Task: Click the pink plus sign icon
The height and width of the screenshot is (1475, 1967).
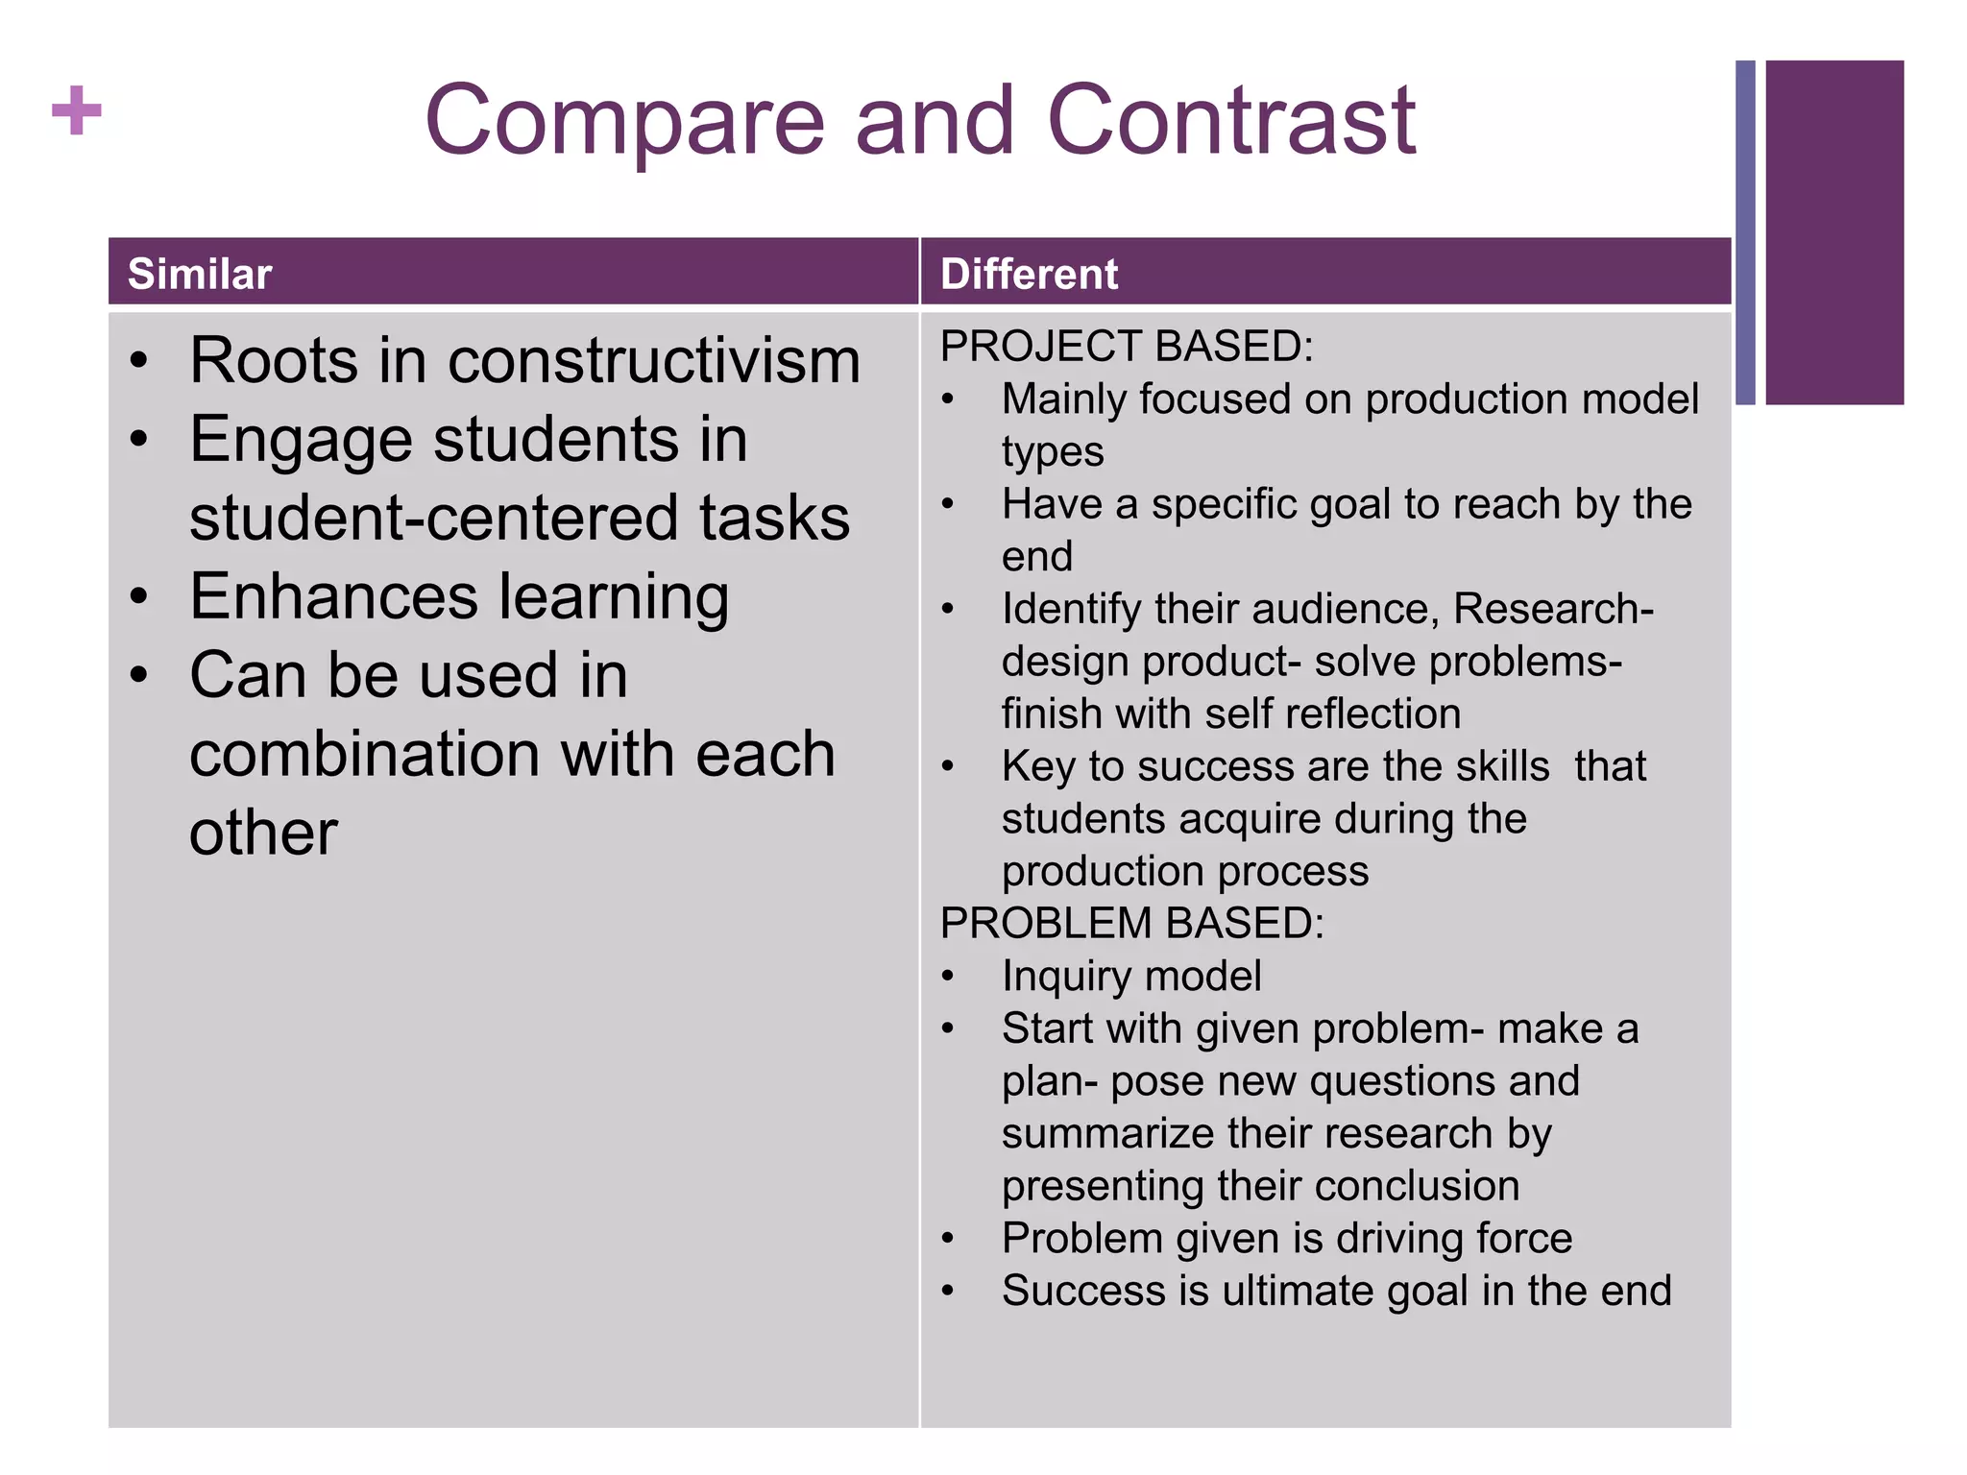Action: click(x=77, y=110)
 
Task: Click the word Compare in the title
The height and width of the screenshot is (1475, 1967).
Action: click(x=624, y=121)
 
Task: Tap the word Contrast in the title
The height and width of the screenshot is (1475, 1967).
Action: click(x=1231, y=121)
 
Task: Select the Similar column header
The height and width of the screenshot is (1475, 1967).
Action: click(x=200, y=275)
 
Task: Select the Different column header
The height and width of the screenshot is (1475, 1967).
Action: click(x=1029, y=275)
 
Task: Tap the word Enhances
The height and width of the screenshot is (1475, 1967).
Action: click(x=333, y=597)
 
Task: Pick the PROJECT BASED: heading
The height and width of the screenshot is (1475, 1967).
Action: click(x=1127, y=347)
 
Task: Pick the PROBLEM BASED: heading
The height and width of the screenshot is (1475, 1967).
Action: click(x=1132, y=924)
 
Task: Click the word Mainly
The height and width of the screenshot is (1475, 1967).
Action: click(x=1063, y=399)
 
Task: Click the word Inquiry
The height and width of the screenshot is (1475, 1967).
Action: click(x=1065, y=977)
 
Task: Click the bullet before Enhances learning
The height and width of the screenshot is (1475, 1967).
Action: click(x=140, y=597)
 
